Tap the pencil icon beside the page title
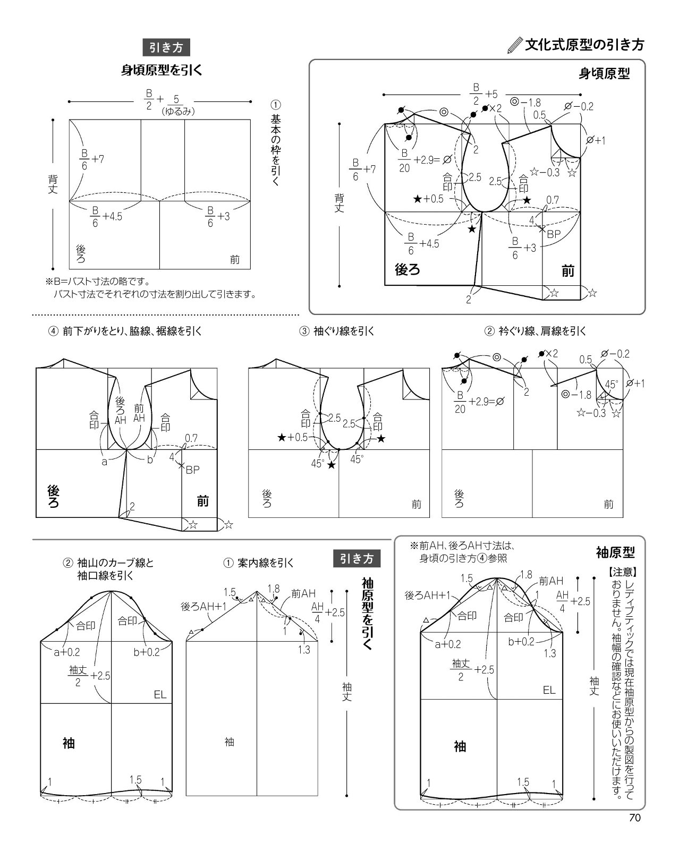pyautogui.click(x=515, y=46)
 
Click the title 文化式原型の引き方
pyautogui.click(x=584, y=45)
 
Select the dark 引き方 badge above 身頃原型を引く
pyautogui.click(x=166, y=47)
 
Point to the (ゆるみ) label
pyautogui.click(x=178, y=111)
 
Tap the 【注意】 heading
pyautogui.click(x=623, y=572)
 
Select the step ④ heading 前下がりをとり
pyautogui.click(x=125, y=331)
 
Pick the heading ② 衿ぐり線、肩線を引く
pyautogui.click(x=535, y=331)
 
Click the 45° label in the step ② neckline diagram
pyautogui.click(x=611, y=384)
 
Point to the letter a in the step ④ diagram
pyautogui.click(x=104, y=462)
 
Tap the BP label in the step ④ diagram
pyautogui.click(x=192, y=470)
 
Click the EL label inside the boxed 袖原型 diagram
pyautogui.click(x=549, y=690)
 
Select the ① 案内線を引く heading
pyautogui.click(x=258, y=563)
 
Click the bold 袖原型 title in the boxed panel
pyautogui.click(x=615, y=552)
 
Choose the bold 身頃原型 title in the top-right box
pyautogui.click(x=604, y=73)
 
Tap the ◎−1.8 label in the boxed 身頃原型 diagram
pyautogui.click(x=525, y=102)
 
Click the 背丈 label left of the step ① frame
pyautogui.click(x=53, y=184)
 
